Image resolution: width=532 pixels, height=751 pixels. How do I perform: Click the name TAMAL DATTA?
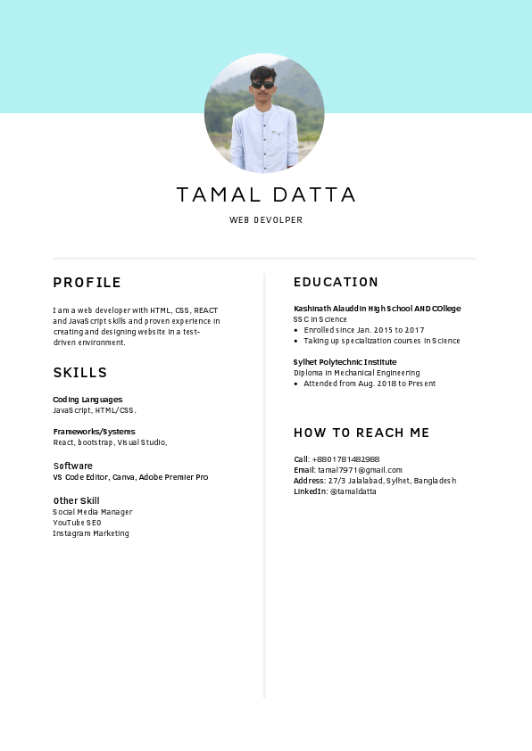coord(266,194)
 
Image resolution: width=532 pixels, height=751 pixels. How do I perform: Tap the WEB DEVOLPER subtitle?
coord(266,220)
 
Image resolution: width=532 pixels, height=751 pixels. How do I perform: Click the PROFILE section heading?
coord(87,283)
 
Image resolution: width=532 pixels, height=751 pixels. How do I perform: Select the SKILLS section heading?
coord(80,373)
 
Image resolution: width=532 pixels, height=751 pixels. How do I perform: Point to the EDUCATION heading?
coord(336,282)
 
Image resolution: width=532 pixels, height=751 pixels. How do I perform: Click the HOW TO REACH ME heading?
coord(362,433)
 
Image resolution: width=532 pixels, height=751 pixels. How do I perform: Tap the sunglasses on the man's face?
coord(263,86)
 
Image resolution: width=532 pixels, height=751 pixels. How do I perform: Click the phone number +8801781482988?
coord(345,459)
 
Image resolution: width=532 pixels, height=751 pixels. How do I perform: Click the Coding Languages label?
coord(87,400)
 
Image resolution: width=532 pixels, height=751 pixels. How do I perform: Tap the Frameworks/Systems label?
coord(94,432)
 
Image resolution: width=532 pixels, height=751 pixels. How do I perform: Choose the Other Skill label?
coord(76,500)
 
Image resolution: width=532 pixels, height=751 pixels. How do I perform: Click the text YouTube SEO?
coord(77,523)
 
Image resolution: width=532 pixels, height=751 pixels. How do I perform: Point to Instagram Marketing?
coord(90,533)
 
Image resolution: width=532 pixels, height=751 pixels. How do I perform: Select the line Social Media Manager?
coord(92,512)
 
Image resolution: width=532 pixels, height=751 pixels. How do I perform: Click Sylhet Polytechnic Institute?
coord(345,362)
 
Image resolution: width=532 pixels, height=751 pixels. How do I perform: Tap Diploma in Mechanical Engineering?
coord(356,373)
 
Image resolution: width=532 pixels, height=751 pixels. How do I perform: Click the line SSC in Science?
coord(320,319)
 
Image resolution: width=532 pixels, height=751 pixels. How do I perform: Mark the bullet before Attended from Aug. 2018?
coord(295,384)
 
